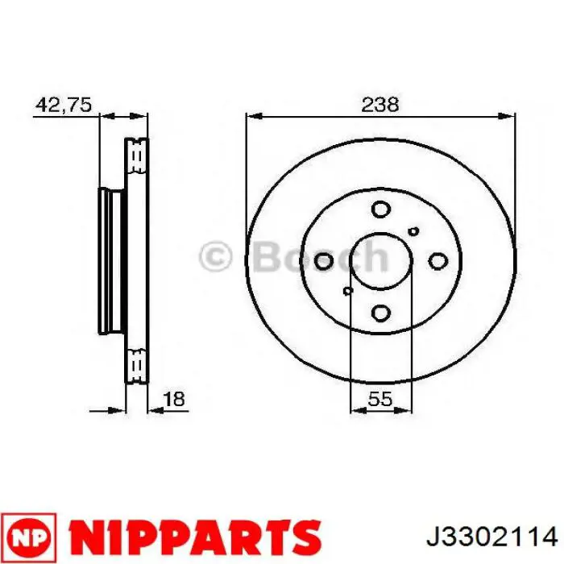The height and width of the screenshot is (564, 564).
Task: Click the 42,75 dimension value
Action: tap(64, 105)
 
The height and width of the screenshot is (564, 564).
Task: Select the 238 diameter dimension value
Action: tap(379, 105)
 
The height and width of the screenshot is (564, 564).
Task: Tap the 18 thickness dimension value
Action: tap(174, 399)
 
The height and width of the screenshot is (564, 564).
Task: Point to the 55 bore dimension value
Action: tap(380, 399)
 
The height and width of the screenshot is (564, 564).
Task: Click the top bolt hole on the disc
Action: tap(380, 209)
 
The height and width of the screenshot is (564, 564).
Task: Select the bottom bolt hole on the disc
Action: tap(380, 313)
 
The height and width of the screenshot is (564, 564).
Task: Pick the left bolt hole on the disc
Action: tap(323, 261)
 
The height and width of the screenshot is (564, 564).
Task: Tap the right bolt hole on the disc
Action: tap(438, 261)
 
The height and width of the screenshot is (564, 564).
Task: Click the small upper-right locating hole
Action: tap(414, 231)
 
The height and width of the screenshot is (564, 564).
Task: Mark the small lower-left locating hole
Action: tap(347, 291)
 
